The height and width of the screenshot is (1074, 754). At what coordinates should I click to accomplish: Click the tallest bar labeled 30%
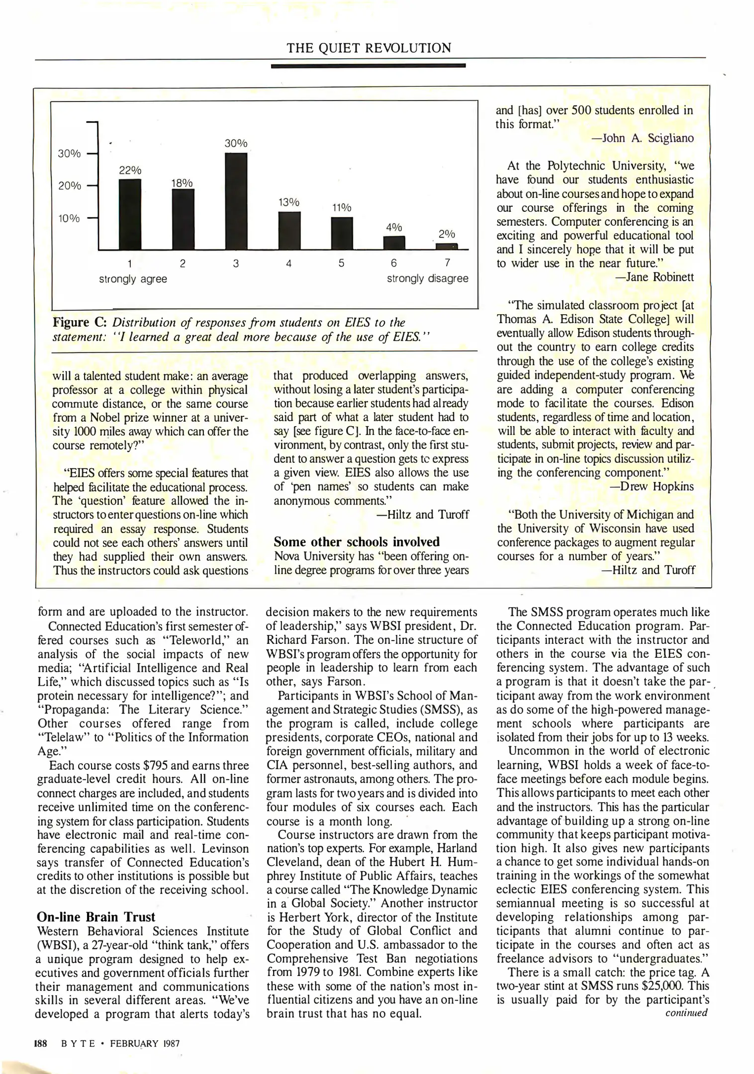(x=236, y=201)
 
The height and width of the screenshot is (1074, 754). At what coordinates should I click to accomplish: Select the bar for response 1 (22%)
(x=130, y=214)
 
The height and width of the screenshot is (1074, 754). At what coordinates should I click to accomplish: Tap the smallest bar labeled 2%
(x=446, y=246)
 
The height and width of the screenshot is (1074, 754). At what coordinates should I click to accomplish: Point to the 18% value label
(x=182, y=183)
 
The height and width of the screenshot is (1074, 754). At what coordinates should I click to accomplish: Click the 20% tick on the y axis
(x=70, y=186)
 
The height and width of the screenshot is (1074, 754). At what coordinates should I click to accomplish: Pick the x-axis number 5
(x=341, y=264)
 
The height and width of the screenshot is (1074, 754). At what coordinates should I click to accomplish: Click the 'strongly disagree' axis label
(x=427, y=278)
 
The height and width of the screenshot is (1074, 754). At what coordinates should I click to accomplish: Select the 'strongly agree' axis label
(x=133, y=279)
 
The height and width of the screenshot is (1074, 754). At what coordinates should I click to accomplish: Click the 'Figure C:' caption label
(x=80, y=323)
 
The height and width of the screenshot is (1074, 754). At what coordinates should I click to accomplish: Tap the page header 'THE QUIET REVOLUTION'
(x=369, y=48)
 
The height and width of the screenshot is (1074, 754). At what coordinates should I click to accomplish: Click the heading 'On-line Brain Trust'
(x=96, y=917)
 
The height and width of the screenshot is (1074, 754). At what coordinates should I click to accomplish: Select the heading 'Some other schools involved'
(x=357, y=541)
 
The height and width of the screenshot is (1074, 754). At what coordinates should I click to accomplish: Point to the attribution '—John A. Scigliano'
(x=643, y=138)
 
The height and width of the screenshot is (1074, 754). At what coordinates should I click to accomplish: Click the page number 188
(x=40, y=1043)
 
